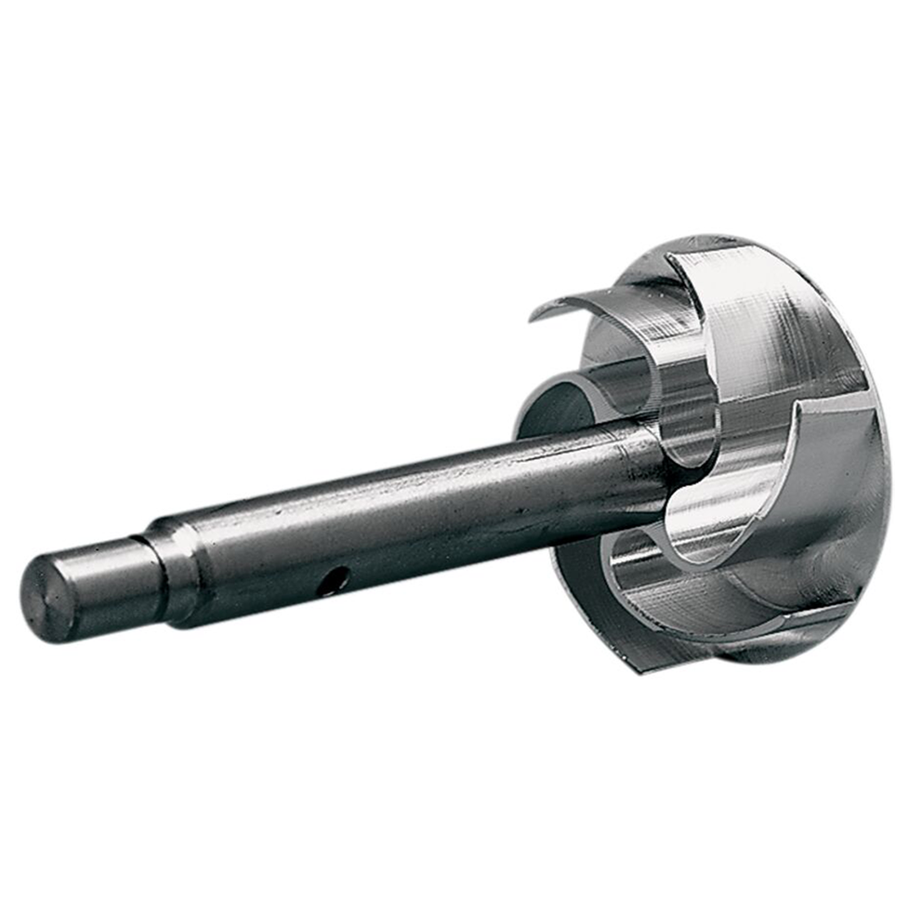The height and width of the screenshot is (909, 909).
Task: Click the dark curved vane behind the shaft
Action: coord(558,409)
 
